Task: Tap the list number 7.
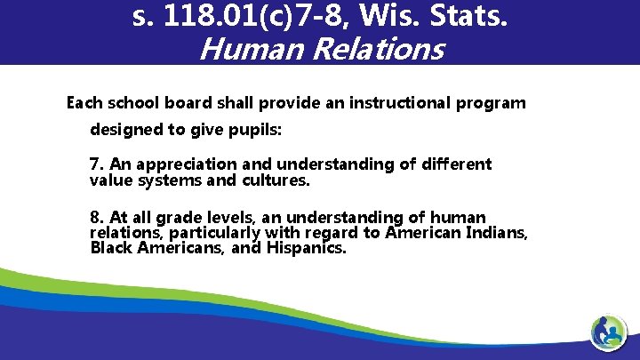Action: [96, 164]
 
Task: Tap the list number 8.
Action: [96, 218]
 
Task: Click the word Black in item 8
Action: [111, 248]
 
